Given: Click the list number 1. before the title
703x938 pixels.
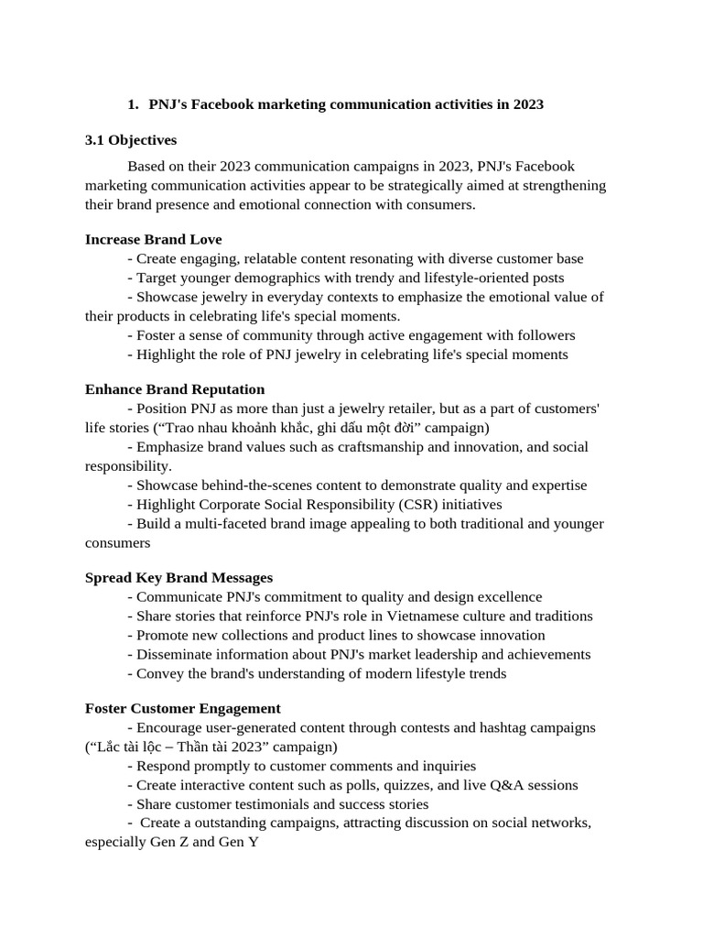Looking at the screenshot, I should coord(133,104).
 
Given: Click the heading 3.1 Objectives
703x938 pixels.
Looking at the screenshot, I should coord(131,140).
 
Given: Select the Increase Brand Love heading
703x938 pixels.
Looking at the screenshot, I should coord(153,239).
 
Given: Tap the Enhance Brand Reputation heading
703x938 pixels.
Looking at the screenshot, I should coord(175,389).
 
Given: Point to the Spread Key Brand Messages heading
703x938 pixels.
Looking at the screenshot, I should coord(178,577).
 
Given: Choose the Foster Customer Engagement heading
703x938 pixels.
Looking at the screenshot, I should coord(182,708).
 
